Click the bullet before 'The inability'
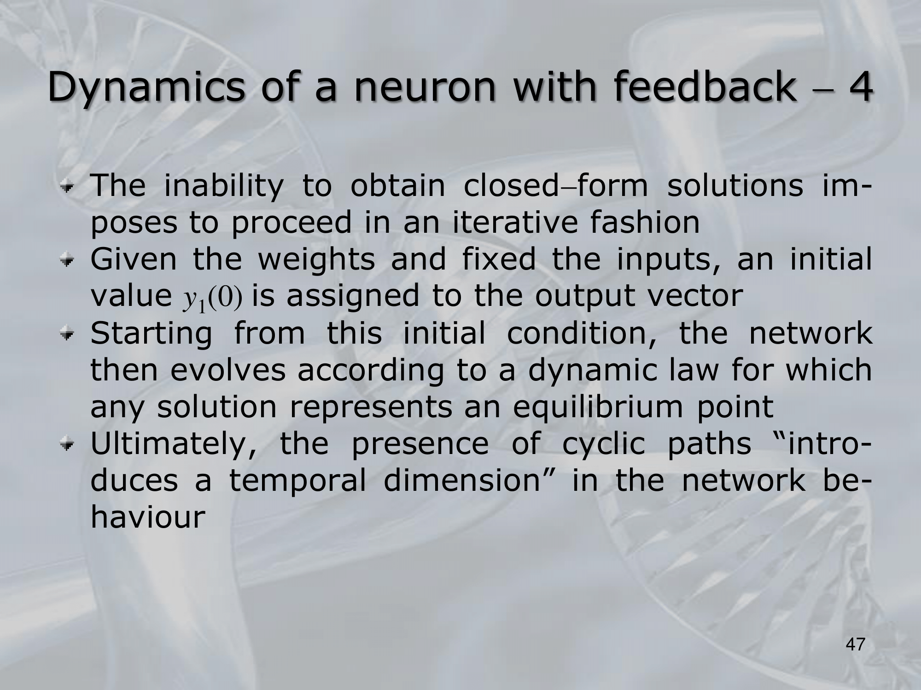tap(69, 188)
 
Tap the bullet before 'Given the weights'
tap(69, 261)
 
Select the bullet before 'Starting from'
tap(69, 335)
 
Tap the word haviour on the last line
tap(147, 517)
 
